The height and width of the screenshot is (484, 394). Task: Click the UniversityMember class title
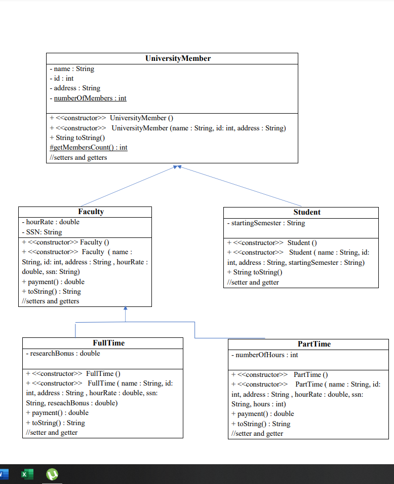(x=178, y=58)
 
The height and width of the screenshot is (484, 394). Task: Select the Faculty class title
(x=91, y=212)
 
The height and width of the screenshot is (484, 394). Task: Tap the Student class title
(x=307, y=212)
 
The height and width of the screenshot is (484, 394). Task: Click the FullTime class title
(x=109, y=343)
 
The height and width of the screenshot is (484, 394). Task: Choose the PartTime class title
(x=314, y=344)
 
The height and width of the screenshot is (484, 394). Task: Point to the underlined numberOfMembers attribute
(x=90, y=98)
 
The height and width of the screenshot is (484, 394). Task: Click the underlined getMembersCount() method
(x=89, y=148)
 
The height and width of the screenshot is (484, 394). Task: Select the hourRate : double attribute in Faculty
(x=51, y=222)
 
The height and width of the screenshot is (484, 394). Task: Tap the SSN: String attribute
(x=42, y=232)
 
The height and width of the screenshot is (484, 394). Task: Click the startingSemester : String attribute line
(x=266, y=223)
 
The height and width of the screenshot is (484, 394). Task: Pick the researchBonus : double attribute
(x=63, y=354)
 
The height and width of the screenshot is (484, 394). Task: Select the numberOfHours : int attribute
(x=265, y=355)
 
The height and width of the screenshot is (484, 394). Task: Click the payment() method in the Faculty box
(x=53, y=282)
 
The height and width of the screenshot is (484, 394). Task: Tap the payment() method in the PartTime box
(x=262, y=414)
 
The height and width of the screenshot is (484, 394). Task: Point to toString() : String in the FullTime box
(x=55, y=423)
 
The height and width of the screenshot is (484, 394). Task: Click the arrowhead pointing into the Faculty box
(x=126, y=308)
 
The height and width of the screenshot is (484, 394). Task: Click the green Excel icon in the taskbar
(x=27, y=474)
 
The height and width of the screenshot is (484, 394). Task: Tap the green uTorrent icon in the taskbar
(x=52, y=474)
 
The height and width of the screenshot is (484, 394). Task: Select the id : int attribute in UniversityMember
(x=62, y=79)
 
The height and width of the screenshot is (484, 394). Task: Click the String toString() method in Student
(x=254, y=272)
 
